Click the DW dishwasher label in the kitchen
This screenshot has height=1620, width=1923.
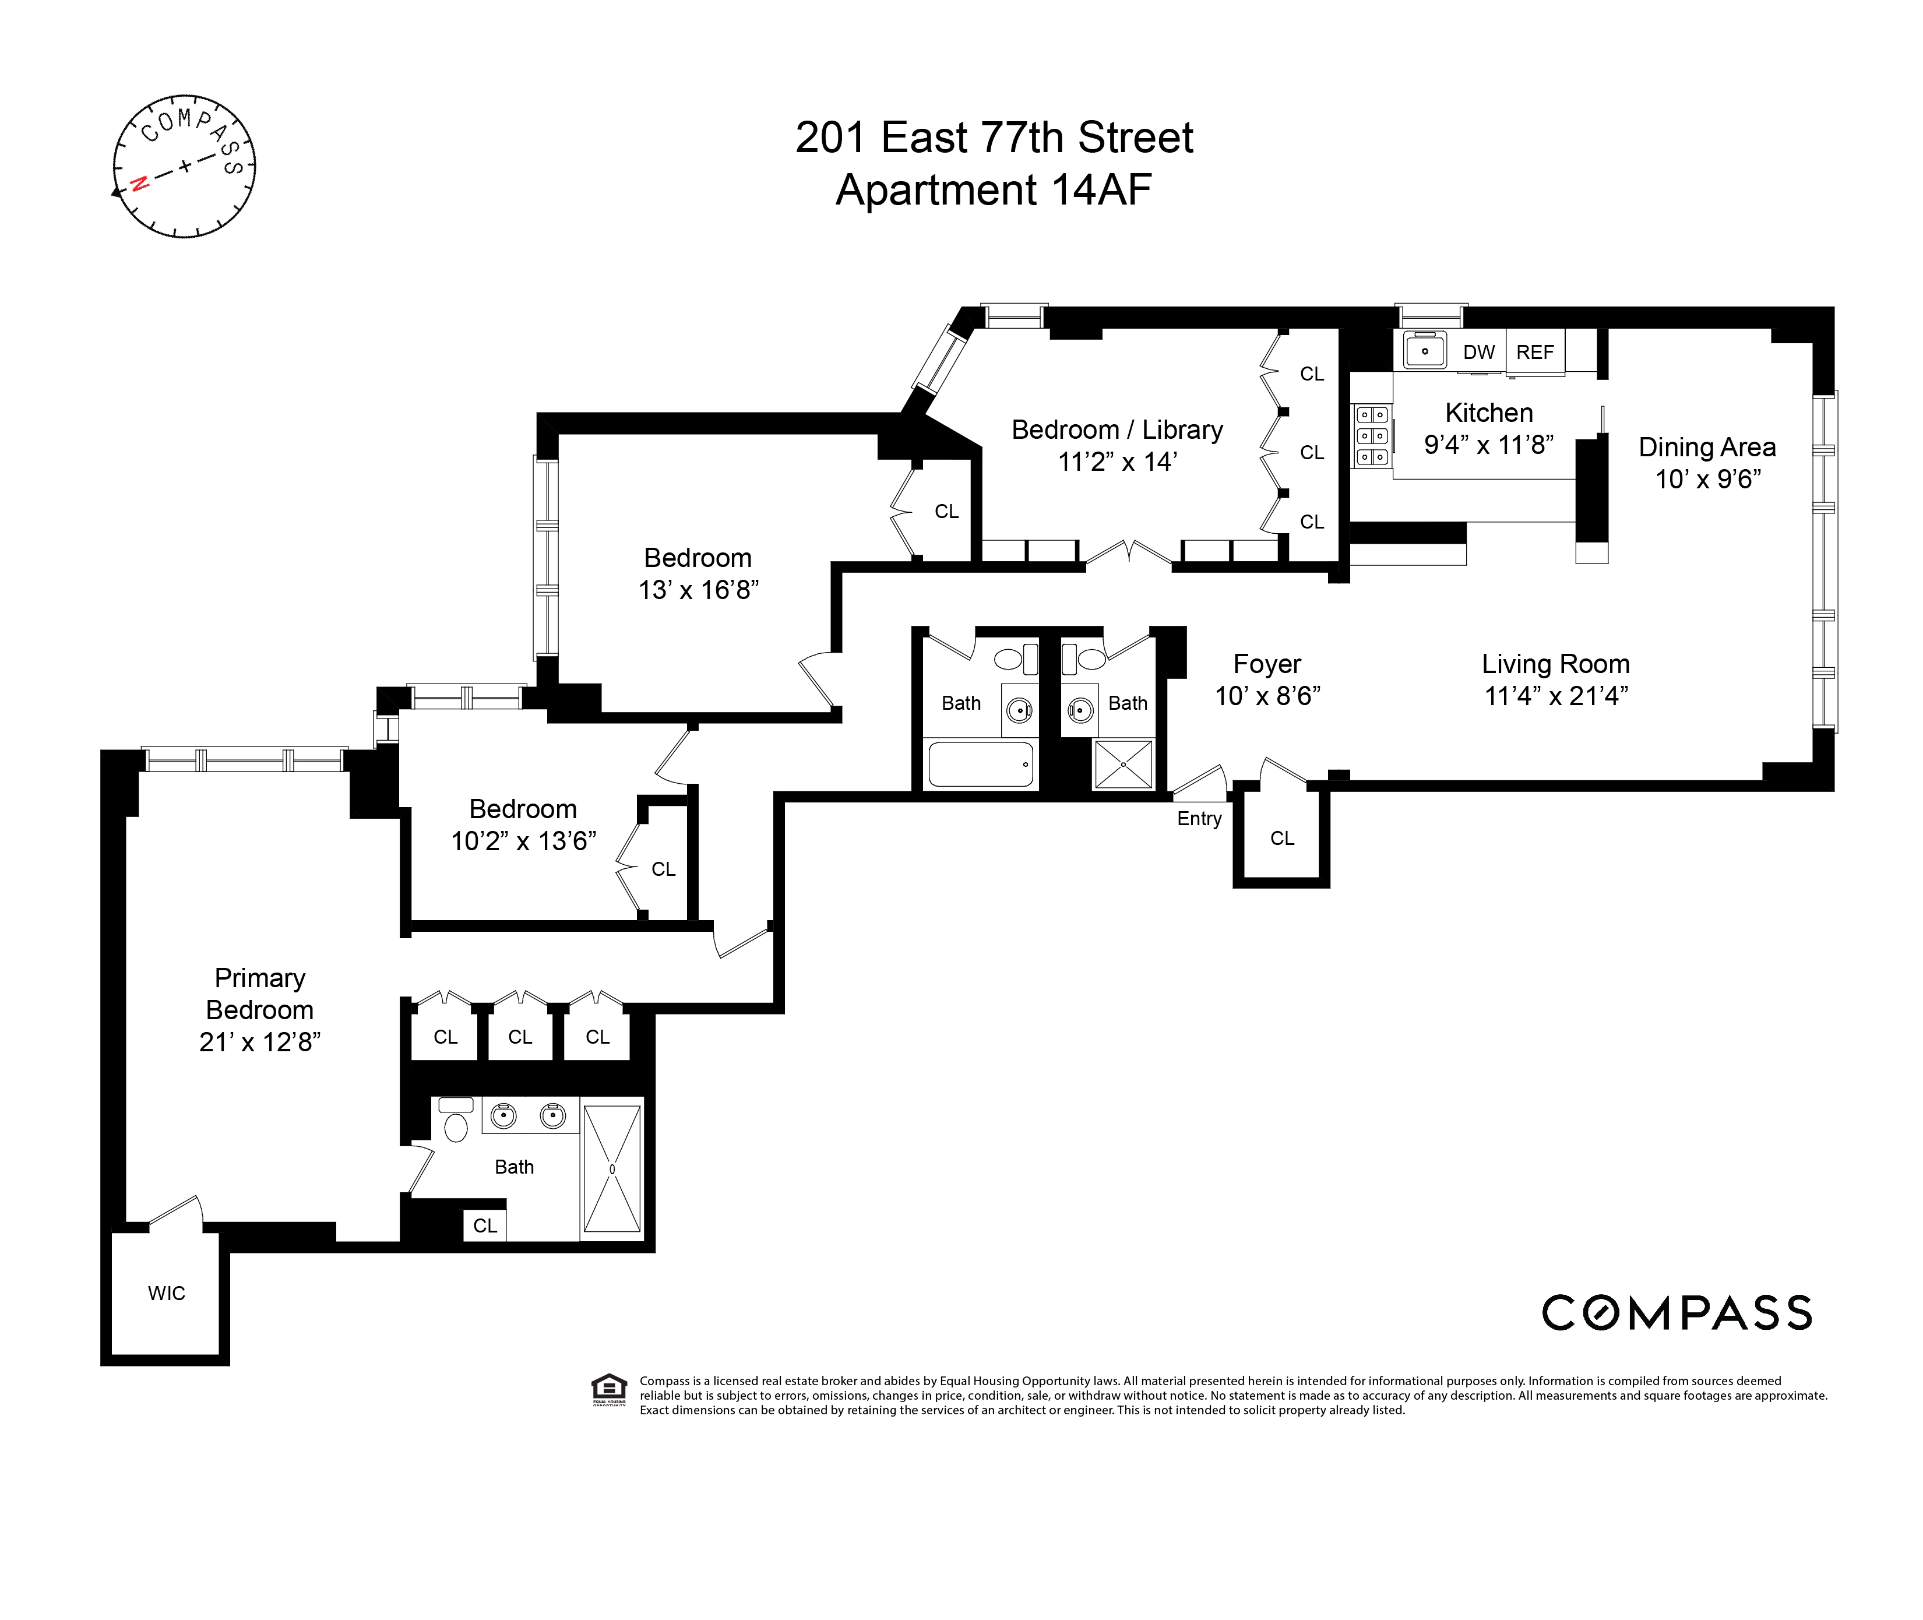1478,353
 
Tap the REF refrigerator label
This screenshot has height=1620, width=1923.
1534,353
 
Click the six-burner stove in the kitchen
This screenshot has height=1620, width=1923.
1372,436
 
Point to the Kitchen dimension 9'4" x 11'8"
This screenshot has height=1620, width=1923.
1489,445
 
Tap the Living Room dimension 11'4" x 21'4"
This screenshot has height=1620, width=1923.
1556,696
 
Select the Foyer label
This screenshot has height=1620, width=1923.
1266,664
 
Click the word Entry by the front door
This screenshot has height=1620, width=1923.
1199,818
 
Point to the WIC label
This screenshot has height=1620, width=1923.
166,1293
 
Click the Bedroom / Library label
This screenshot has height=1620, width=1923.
1117,430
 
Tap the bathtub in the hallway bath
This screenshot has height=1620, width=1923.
980,764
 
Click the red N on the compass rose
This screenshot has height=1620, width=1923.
140,183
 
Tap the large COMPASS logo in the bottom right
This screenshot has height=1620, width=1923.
1676,1313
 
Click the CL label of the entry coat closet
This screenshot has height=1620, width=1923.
1282,839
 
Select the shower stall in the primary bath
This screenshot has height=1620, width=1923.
612,1169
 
